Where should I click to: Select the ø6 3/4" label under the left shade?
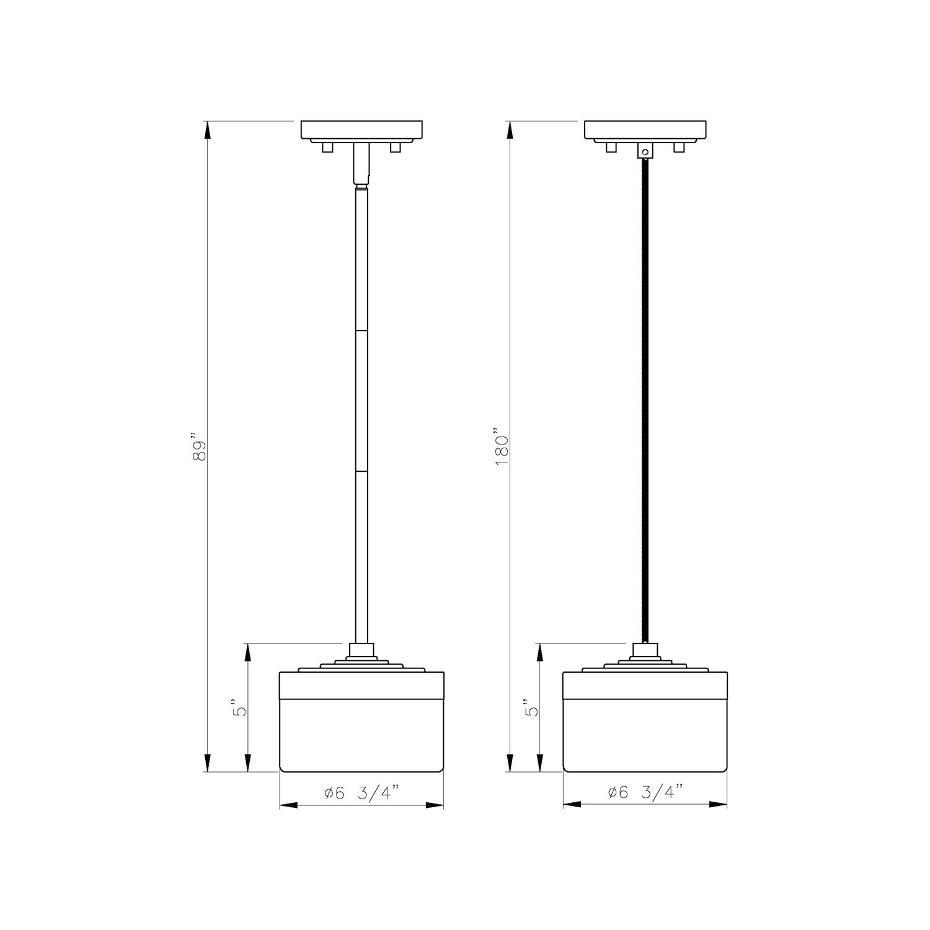point(362,792)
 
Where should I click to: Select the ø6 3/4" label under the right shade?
point(645,792)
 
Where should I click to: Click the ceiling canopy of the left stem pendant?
point(361,131)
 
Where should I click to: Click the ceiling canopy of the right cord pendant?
point(645,131)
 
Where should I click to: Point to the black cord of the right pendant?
point(645,401)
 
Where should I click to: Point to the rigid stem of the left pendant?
point(361,415)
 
